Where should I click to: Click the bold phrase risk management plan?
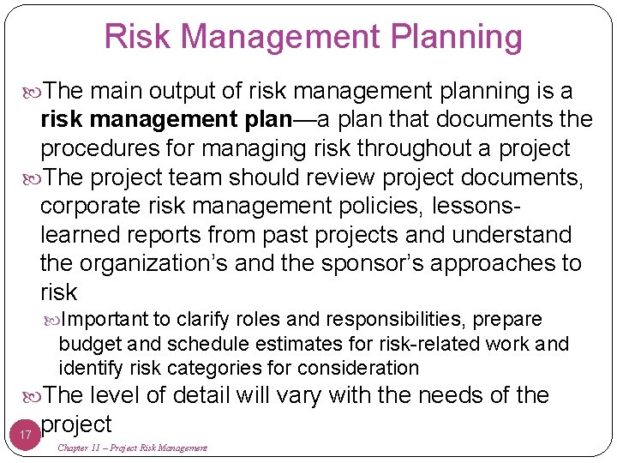[x=166, y=119]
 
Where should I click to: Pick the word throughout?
[x=415, y=148]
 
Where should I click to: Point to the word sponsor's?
[x=372, y=264]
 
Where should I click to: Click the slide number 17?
[x=26, y=436]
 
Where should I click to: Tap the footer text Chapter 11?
[x=85, y=448]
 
